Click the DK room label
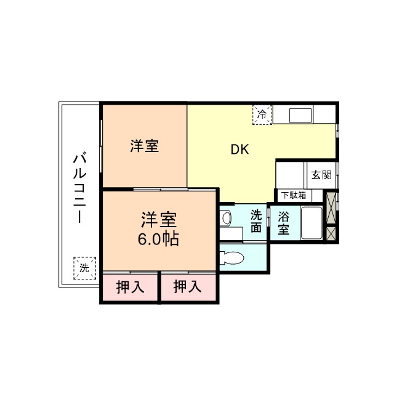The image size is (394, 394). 239,150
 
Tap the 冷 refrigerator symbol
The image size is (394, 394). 262,115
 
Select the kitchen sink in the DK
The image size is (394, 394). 300,115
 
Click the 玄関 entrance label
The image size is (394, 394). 321,175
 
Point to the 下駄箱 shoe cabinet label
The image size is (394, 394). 293,196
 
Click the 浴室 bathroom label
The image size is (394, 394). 283,223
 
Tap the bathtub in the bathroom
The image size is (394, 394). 312,223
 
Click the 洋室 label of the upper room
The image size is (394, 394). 145,147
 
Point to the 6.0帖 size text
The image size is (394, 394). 158,238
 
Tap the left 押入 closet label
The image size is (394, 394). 130,287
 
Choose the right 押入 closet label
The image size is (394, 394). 188,287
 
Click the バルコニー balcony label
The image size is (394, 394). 79,188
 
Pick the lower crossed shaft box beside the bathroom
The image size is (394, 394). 331,234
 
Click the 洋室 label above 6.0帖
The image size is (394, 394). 159,219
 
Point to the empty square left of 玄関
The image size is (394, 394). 291,175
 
